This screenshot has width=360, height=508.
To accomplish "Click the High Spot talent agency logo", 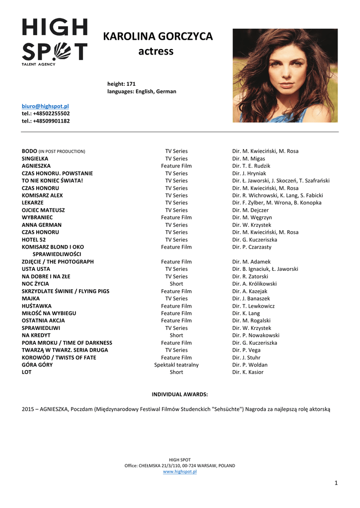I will (x=55, y=41).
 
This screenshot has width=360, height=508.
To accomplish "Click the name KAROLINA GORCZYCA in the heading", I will (x=157, y=37).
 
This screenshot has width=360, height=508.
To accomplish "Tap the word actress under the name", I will (x=155, y=51).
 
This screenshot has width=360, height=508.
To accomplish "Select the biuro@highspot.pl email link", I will (x=45, y=106).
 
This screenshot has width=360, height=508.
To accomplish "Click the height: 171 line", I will (x=121, y=84).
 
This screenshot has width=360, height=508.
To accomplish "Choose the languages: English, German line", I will (x=142, y=91).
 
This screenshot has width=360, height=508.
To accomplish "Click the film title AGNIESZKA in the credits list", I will (x=36, y=166).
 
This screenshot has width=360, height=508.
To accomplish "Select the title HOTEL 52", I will (x=34, y=240).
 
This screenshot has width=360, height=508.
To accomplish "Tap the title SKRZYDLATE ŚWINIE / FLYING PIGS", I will (x=66, y=291).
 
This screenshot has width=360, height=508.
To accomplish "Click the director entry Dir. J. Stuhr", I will (x=246, y=358).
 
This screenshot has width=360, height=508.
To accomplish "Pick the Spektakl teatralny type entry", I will (x=176, y=365).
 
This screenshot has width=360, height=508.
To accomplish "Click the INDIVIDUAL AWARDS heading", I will (x=180, y=394).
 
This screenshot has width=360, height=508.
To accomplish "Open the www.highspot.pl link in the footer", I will (x=180, y=472).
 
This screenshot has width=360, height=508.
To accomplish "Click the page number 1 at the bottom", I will (x=336, y=483).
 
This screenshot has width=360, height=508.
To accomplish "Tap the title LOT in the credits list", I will (x=27, y=373).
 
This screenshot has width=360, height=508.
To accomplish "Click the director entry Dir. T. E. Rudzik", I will (x=251, y=166).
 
